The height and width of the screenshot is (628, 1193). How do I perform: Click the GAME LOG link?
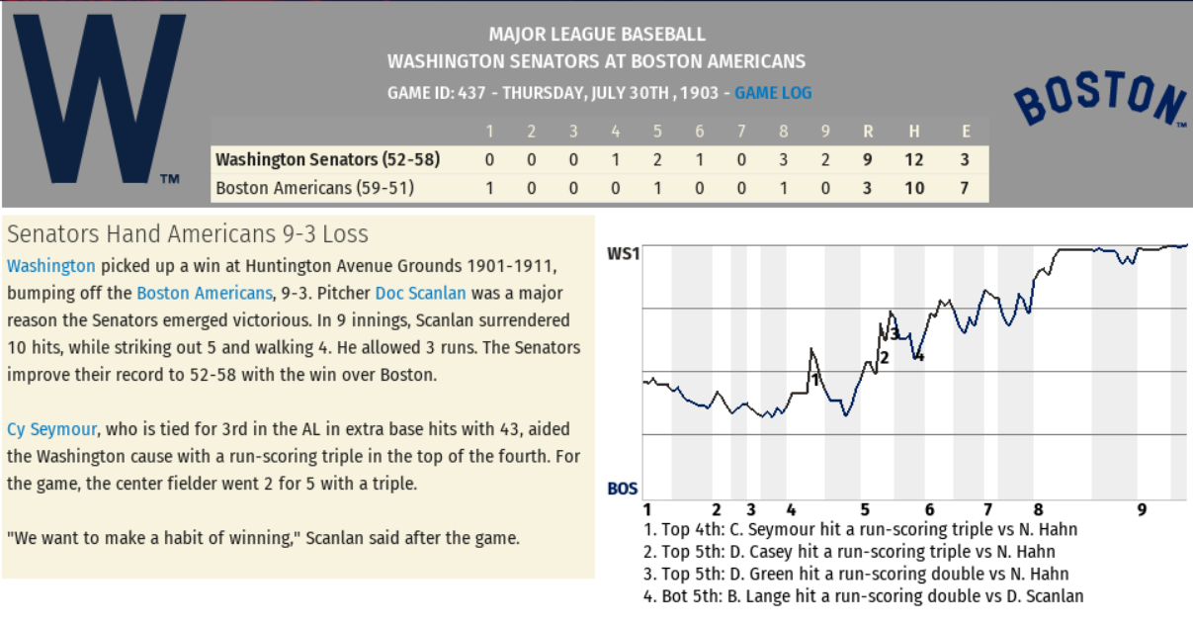[773, 93]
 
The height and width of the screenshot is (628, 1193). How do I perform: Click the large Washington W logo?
[98, 98]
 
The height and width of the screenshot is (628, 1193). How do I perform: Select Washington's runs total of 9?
[867, 159]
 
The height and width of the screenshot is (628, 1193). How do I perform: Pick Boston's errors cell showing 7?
[965, 187]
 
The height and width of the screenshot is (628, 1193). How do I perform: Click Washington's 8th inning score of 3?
[783, 159]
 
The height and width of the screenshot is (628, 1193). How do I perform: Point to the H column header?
[915, 132]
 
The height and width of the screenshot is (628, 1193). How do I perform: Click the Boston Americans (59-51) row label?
[314, 187]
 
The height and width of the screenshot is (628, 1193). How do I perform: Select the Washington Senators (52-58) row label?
[327, 159]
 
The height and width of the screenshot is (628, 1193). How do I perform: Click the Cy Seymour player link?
[51, 429]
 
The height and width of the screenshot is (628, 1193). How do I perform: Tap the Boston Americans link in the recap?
[204, 294]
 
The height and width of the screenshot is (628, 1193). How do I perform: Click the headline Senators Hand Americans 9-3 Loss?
[188, 234]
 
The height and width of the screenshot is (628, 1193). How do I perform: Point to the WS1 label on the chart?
[623, 253]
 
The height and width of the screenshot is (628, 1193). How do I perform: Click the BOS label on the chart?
[622, 489]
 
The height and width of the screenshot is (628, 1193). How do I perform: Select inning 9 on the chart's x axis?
[1142, 510]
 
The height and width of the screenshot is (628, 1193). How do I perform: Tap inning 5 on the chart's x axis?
[864, 510]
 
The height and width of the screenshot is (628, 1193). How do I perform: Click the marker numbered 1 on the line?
[814, 378]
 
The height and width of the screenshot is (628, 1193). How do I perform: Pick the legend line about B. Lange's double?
[863, 596]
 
